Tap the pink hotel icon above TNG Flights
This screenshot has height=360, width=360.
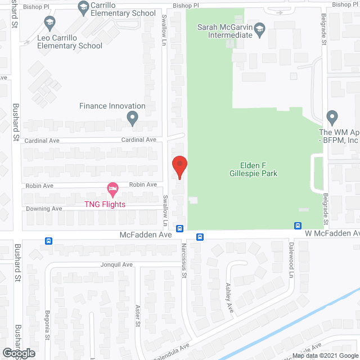point(112,190)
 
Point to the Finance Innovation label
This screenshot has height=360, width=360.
point(112,106)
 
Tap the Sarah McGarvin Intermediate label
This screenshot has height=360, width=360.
point(224,30)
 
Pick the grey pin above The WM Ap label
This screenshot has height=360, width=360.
point(331,118)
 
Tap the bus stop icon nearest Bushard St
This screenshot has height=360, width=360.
point(48,241)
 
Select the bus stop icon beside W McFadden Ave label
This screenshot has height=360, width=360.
point(297,226)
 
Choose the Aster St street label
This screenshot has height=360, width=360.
point(137,315)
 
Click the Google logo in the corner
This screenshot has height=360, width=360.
point(18,353)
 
